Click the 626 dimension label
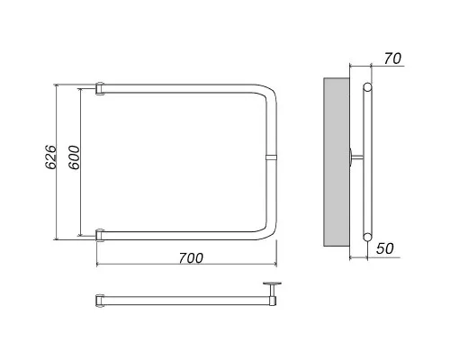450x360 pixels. coord(50,157)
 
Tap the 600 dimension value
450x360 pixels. coord(74,157)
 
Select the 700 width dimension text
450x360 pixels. coord(191,258)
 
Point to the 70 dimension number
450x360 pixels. coord(392,58)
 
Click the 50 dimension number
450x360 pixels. coord(385,248)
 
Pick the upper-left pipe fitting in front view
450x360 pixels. coord(100,89)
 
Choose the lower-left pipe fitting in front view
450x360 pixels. coord(100,235)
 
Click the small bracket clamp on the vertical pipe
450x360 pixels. coord(271,157)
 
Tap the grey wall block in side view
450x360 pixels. coord(337,162)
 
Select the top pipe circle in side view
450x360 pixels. coord(367,87)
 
